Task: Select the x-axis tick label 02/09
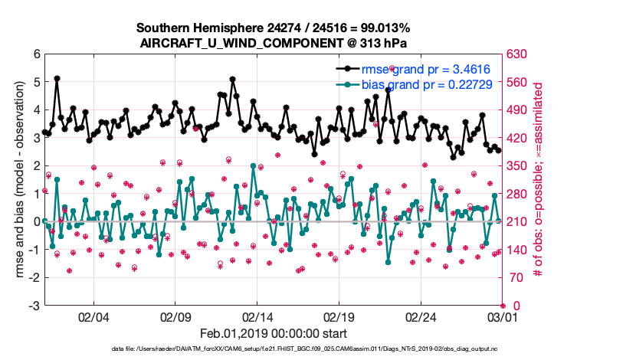click(175, 316)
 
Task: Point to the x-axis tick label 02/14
click(257, 316)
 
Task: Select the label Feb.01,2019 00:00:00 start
click(273, 333)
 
